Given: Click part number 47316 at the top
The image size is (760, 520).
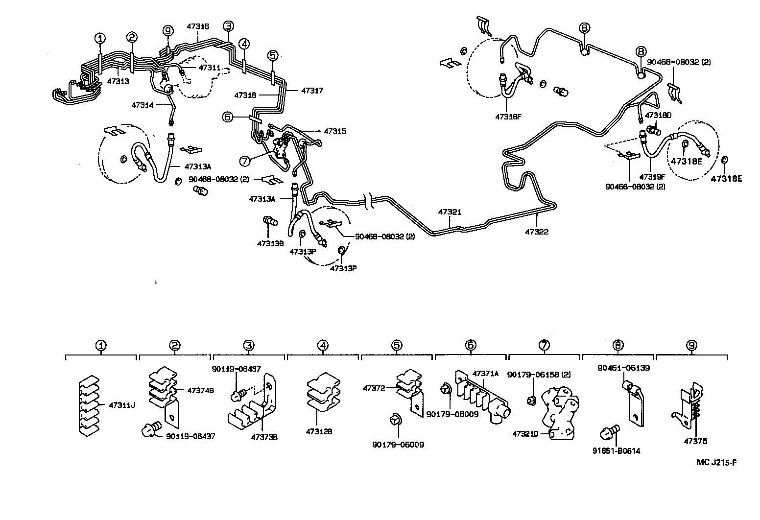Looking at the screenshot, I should [198, 26].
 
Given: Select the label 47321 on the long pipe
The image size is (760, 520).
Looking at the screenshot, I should [450, 212].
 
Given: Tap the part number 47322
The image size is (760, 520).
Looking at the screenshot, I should [537, 232].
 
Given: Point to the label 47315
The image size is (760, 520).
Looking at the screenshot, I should [334, 131].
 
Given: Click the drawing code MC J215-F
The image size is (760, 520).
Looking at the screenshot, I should [717, 462].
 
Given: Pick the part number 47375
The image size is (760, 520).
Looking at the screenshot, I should [695, 441].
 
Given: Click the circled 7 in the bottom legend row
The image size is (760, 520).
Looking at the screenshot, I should [544, 345].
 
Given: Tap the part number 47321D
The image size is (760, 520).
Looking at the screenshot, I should [525, 434].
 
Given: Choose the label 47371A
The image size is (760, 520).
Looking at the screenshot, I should [485, 374].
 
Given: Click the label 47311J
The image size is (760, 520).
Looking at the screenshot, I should [122, 405].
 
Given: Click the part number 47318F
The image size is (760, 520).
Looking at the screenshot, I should [508, 117].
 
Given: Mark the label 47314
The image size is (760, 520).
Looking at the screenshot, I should [142, 105].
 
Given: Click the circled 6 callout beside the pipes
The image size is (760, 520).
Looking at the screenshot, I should [227, 117].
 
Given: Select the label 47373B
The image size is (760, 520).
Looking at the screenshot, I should [264, 437].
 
